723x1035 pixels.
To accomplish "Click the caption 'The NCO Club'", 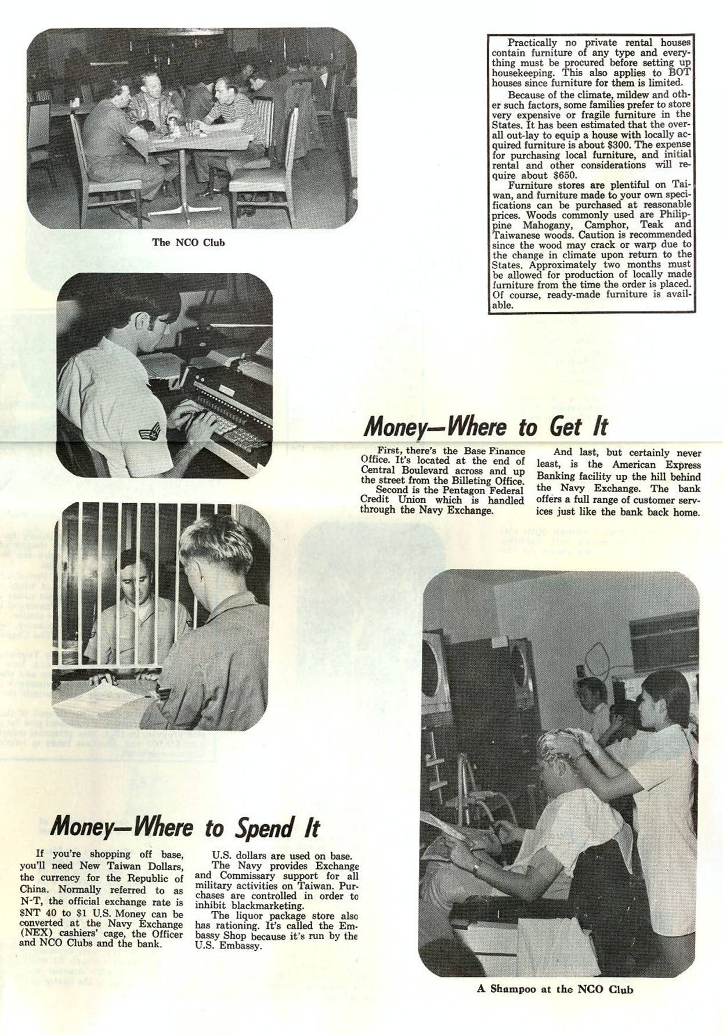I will [x=188, y=243].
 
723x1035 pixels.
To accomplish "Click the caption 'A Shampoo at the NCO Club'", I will [x=555, y=989].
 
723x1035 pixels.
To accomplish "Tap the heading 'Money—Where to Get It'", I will [x=485, y=427].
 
